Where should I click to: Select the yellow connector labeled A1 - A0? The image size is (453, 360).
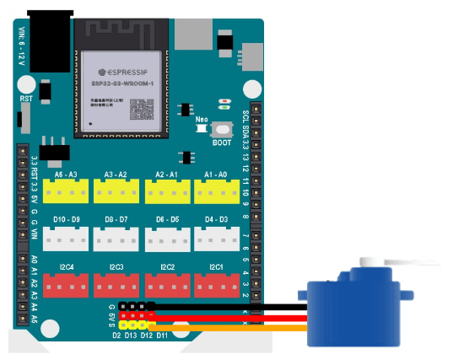[x=216, y=193]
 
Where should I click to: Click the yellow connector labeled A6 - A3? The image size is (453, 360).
[x=67, y=193]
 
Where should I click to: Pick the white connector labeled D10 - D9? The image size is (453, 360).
[x=67, y=239]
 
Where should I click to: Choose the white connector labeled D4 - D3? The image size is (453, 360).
[x=216, y=239]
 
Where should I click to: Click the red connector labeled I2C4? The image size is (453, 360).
[x=67, y=286]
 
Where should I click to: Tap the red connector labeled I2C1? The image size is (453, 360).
[x=216, y=286]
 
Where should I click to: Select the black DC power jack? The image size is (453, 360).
[x=48, y=38]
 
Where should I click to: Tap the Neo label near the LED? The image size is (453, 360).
[x=202, y=119]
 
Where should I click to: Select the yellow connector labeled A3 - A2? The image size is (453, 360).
[x=116, y=193]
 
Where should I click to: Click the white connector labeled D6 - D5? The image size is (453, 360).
[x=166, y=239]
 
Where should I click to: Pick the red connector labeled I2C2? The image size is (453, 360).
[x=166, y=286]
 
